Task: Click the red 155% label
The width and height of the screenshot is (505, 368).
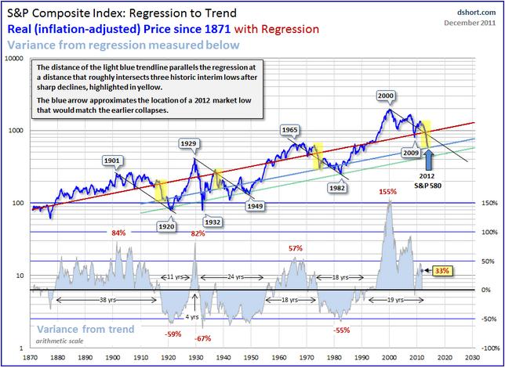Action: pos(387,191)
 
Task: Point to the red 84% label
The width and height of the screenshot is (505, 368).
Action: pos(118,233)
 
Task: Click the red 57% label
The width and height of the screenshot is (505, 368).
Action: pos(295,248)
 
